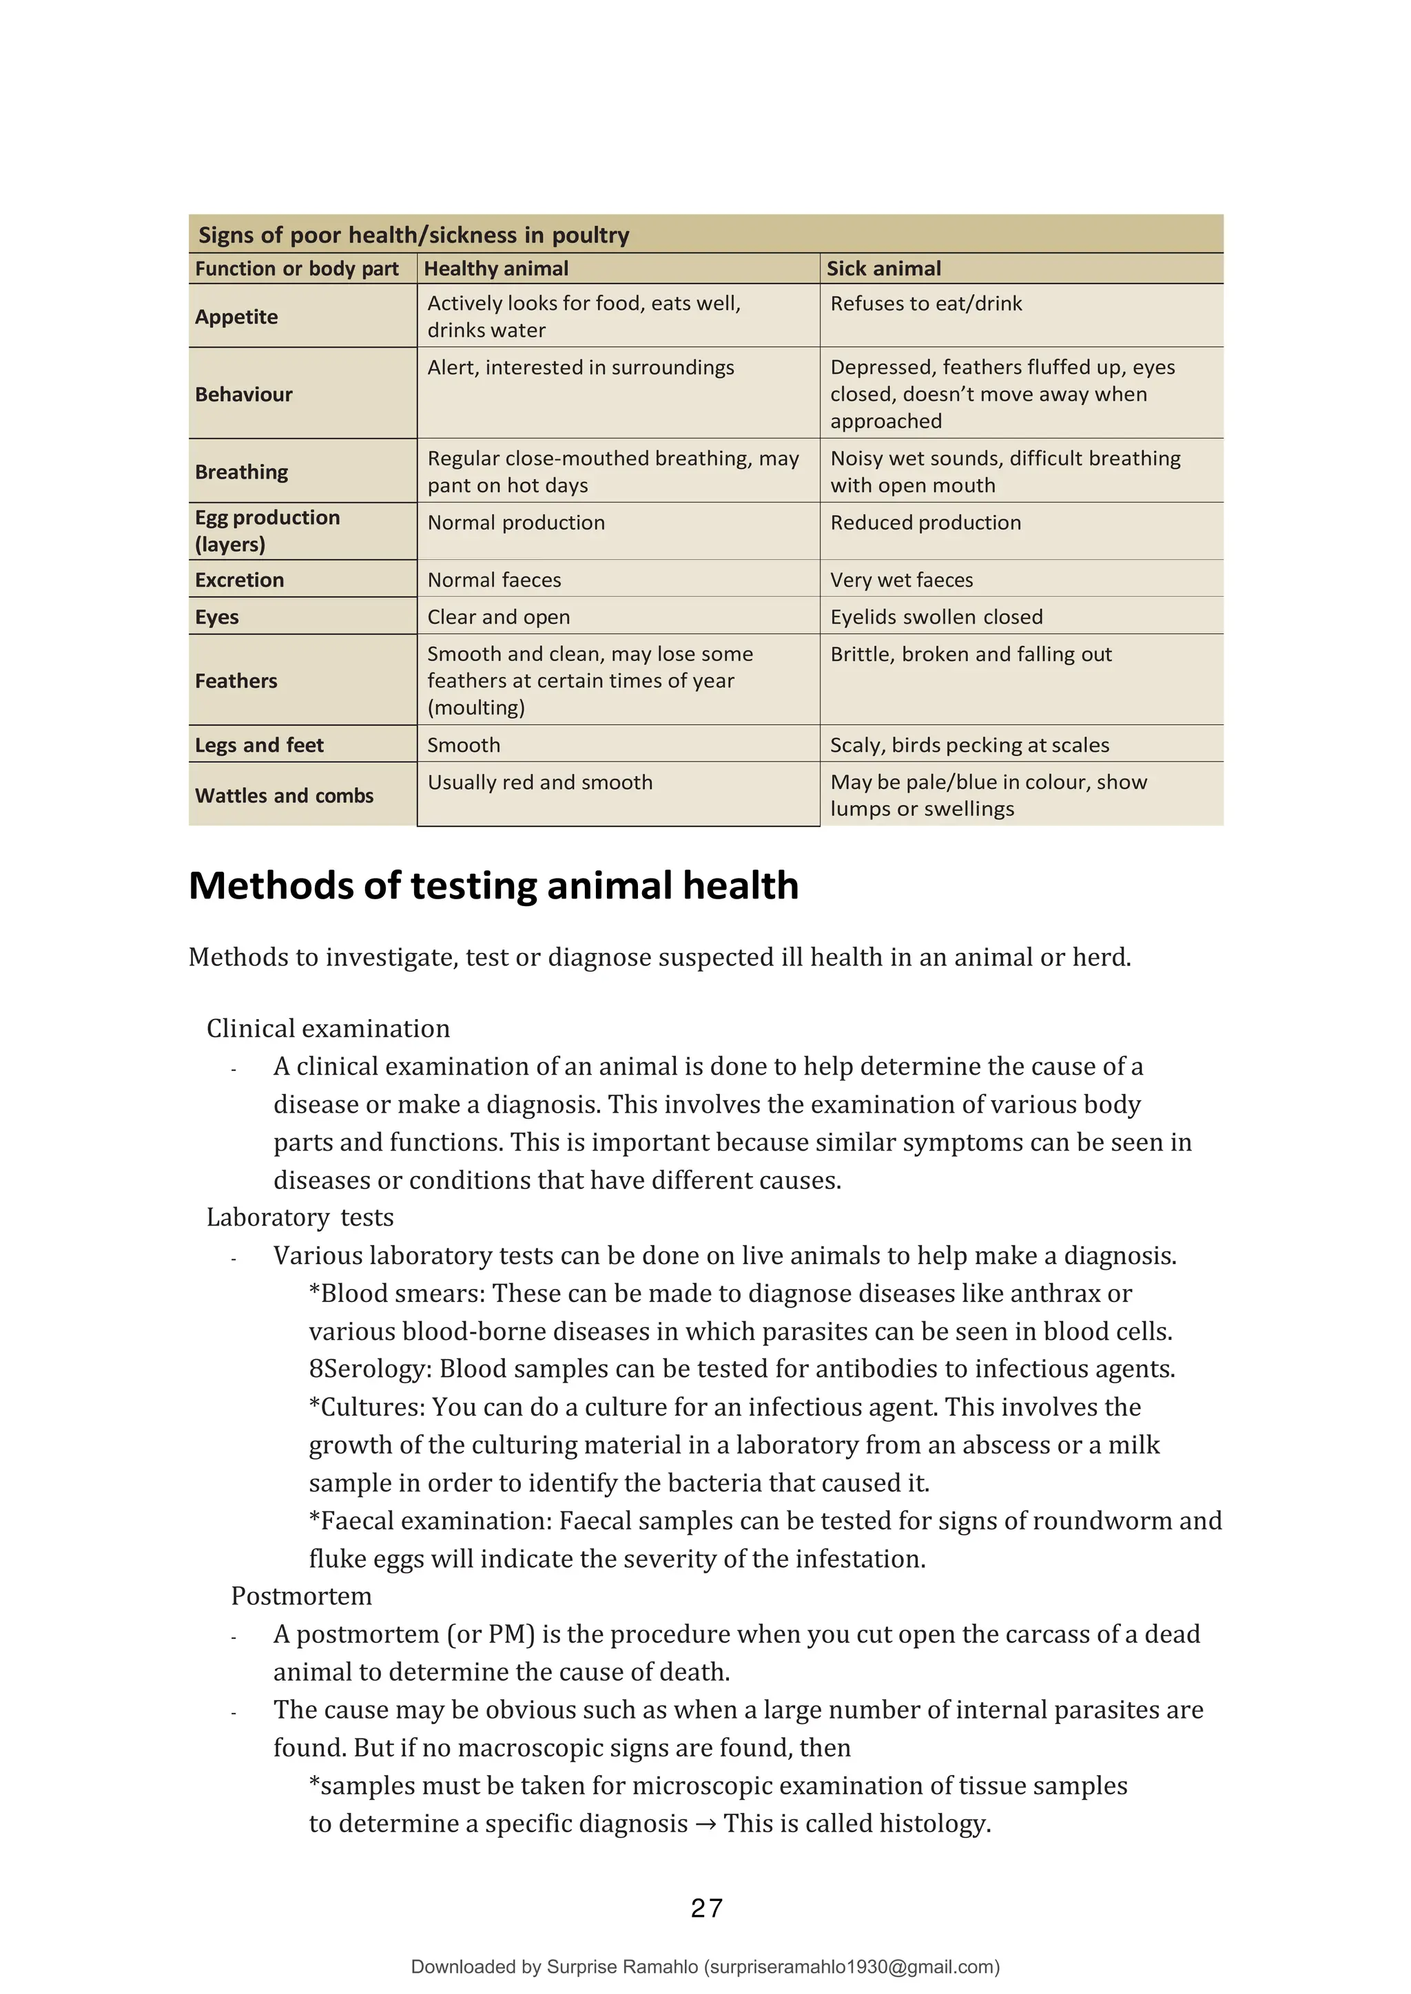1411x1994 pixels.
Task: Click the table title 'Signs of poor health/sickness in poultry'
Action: tap(413, 235)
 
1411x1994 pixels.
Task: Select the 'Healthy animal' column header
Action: tap(496, 269)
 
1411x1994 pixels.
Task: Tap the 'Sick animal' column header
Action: tap(884, 269)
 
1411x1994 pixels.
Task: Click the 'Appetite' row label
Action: tap(236, 317)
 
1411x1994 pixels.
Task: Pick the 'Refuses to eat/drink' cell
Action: tap(926, 304)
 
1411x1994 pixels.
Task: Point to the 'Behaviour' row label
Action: tap(243, 395)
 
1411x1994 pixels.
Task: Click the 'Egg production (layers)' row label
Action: tap(267, 531)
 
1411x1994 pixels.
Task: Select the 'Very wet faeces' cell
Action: tap(902, 580)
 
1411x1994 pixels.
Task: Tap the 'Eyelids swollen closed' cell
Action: tap(936, 618)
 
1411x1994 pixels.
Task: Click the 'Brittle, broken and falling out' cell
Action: tap(971, 655)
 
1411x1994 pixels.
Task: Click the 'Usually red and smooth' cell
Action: tap(539, 782)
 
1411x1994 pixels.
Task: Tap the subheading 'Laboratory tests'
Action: tap(300, 1217)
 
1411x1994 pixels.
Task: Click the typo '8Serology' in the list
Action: tap(370, 1369)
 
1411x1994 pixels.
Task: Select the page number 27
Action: tap(706, 1909)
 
